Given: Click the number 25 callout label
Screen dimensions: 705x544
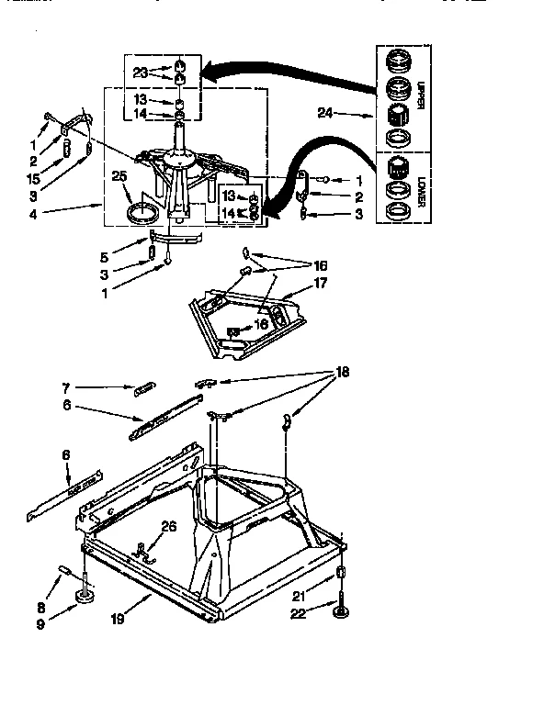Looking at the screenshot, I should pos(118,176).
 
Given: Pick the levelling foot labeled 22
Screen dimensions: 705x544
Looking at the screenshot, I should pos(342,614).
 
